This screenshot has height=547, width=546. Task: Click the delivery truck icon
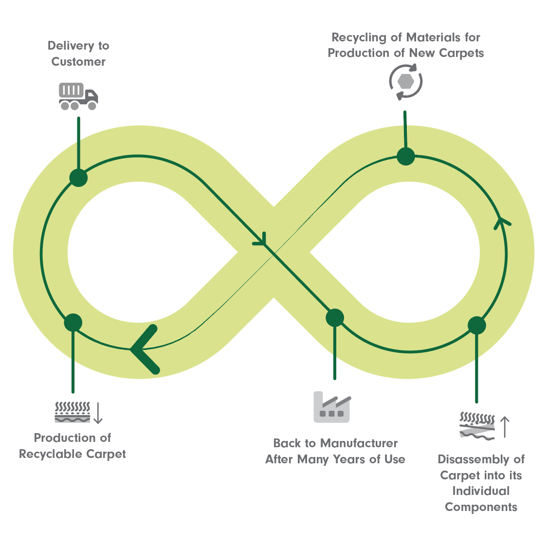point(78,96)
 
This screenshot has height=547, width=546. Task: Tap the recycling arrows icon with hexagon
point(406,81)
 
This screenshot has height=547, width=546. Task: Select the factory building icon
point(332,407)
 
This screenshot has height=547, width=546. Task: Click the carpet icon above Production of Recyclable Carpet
point(73,412)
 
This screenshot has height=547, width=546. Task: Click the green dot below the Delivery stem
point(78,178)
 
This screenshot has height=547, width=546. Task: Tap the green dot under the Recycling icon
point(406,156)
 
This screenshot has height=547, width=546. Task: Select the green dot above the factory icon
point(335,318)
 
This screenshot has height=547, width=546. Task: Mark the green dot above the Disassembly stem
point(477,325)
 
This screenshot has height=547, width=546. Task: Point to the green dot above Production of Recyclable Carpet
point(73,322)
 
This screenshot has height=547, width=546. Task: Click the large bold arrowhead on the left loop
point(145,349)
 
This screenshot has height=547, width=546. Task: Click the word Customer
point(78,62)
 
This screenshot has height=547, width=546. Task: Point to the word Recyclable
point(51,454)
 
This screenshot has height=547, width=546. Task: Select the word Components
point(481,507)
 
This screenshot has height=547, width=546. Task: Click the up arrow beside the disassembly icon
point(505,426)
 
